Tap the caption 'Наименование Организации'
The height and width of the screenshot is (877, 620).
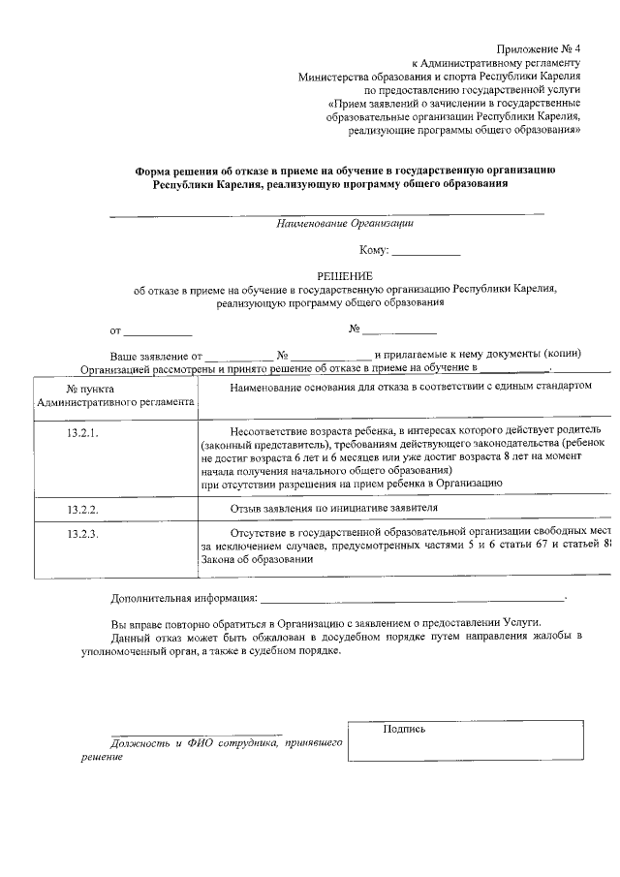click(345, 223)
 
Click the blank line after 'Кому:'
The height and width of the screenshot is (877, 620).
click(426, 252)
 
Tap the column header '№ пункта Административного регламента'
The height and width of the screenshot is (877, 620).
click(114, 394)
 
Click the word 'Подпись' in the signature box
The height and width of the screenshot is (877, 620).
click(404, 729)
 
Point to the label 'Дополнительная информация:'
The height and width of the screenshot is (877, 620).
click(184, 598)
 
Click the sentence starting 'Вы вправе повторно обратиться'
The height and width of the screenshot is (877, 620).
click(324, 622)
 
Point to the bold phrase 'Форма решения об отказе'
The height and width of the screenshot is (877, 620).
click(209, 170)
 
